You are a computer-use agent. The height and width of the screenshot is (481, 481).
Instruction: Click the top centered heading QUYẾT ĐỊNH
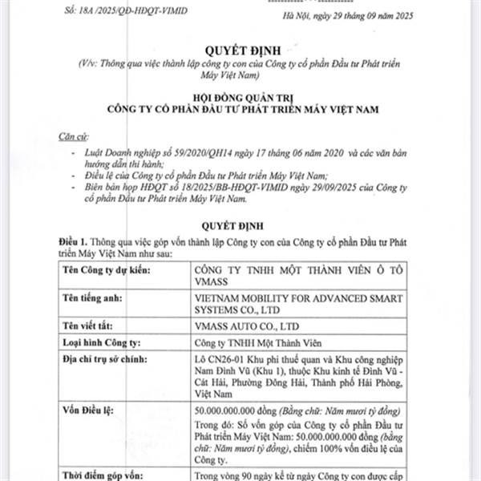(x=240, y=47)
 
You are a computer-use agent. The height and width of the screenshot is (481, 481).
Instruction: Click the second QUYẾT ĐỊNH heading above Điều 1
(x=240, y=225)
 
